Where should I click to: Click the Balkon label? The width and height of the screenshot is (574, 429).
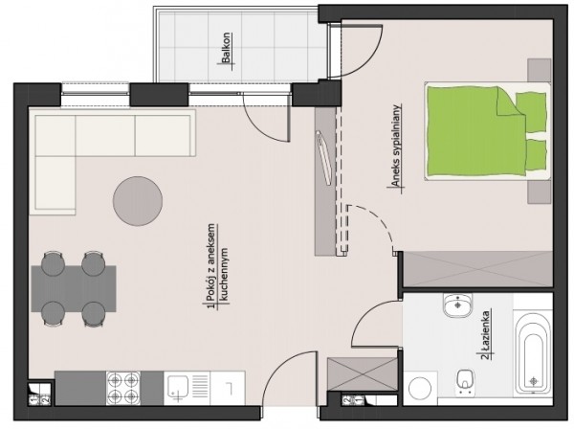pos(226,48)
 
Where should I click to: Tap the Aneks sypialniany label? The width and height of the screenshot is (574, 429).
pos(396,146)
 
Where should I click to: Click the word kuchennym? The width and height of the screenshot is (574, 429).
pos(224,275)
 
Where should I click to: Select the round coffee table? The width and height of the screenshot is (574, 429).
pos(138,201)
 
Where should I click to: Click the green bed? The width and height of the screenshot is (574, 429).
pos(488,131)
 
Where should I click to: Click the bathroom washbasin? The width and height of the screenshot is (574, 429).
pos(457,305)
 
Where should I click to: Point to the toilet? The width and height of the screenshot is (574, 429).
pos(465,382)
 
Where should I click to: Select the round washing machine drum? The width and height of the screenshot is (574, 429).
pos(420,389)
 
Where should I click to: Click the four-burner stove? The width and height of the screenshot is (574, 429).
pos(123,388)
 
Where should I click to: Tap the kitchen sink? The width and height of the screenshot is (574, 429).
pos(178,388)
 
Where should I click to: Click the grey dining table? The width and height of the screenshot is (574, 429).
pos(74,288)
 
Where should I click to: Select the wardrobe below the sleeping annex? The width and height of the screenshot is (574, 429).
pos(477,269)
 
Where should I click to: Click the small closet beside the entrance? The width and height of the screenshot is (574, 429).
pos(363,374)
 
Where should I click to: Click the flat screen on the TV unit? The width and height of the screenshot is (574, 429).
pos(324,158)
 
